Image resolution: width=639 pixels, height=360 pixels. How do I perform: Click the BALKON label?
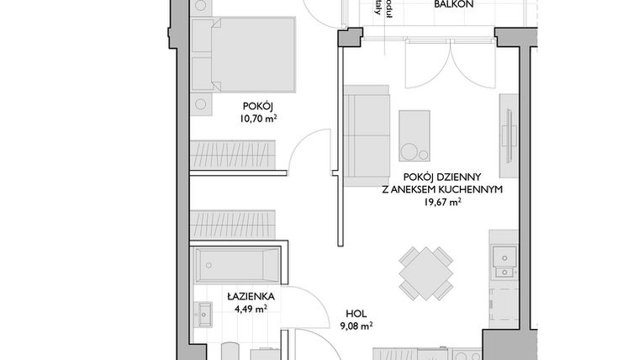coord(454,4)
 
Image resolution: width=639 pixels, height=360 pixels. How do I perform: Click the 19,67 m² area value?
coord(441,203)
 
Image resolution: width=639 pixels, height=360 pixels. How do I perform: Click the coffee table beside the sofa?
coord(414,135)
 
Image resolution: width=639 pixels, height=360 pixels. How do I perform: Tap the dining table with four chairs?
coord(426,273)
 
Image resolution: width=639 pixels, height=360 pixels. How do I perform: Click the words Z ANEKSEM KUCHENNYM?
coord(441,190)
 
